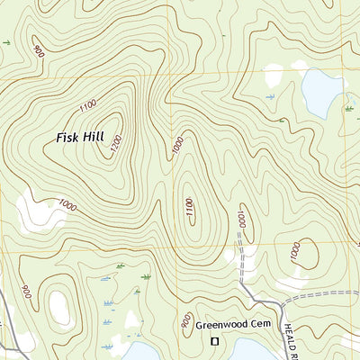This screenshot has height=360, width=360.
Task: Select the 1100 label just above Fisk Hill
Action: [87, 106]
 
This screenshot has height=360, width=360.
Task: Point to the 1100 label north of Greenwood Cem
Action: [188, 206]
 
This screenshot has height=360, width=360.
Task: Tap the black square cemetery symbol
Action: [214, 341]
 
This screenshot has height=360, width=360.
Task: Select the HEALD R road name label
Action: [352, 338]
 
